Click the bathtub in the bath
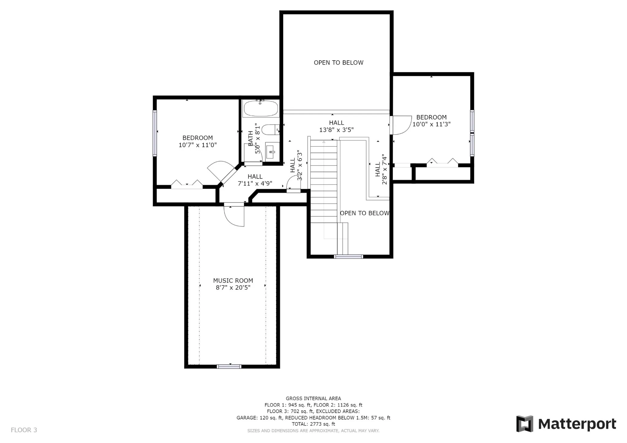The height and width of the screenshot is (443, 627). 261,108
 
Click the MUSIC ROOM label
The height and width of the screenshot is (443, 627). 233,281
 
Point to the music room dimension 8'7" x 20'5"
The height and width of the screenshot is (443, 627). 233,288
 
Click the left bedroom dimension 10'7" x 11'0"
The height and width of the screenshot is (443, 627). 197,145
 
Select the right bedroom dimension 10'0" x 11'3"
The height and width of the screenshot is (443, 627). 431,124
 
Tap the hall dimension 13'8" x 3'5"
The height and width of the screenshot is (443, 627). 336,130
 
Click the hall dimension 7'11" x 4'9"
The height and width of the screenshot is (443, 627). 255,184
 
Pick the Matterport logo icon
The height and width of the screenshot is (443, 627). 524,424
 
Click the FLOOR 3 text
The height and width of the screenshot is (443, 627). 24,430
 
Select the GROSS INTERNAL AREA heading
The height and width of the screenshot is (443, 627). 313,398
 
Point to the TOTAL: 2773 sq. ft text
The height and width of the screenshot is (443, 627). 313,424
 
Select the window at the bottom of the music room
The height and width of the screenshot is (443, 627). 229,367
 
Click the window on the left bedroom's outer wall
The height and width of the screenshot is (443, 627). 155,133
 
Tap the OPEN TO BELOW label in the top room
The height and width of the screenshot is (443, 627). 339,63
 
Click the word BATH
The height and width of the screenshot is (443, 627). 251,138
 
